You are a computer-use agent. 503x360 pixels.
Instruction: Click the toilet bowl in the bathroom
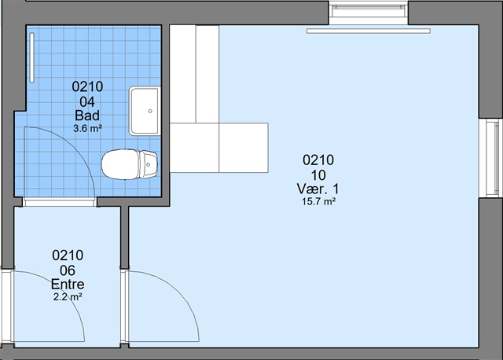click(x=120, y=164)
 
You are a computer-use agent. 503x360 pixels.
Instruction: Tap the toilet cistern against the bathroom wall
click(x=149, y=164)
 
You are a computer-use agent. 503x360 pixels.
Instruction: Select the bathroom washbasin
click(x=145, y=111)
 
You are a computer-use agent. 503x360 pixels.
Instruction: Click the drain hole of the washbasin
click(x=150, y=111)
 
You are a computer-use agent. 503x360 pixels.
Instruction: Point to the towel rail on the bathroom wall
click(x=31, y=57)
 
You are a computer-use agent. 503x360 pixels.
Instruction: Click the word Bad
click(x=87, y=116)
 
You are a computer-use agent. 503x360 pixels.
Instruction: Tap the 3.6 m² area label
click(x=87, y=129)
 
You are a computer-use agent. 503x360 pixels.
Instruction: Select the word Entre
click(x=68, y=285)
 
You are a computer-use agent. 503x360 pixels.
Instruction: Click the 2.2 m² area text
click(x=68, y=297)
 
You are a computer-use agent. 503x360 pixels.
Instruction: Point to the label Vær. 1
click(x=318, y=189)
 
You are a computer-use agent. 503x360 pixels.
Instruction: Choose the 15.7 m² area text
click(x=318, y=202)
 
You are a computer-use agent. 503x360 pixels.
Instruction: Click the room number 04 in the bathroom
click(x=87, y=102)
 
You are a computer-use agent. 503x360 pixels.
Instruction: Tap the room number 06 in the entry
click(x=68, y=270)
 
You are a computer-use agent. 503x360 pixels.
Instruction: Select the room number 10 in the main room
click(x=318, y=175)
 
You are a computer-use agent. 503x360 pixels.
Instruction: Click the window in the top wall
click(x=369, y=13)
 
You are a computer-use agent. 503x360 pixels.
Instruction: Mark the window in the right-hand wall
click(x=490, y=158)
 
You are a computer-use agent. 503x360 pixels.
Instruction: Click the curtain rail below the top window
click(x=369, y=31)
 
